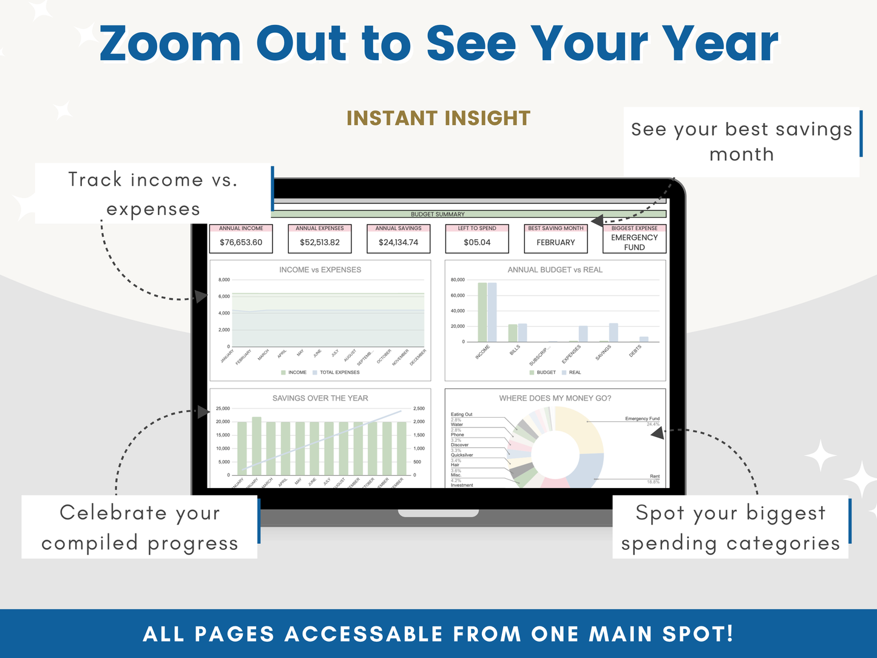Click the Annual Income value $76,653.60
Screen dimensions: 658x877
[x=241, y=242]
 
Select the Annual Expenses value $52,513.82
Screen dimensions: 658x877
[x=319, y=242]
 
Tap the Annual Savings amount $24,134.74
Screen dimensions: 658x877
[x=398, y=242]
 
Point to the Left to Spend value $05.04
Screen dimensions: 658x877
[x=477, y=242]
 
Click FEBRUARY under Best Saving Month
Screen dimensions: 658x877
[x=555, y=242]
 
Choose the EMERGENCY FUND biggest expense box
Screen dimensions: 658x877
[x=634, y=242]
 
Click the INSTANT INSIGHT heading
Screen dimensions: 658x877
[x=438, y=118]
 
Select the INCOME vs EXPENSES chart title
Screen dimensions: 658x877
[x=320, y=270]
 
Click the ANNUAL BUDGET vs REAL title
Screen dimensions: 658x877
[x=555, y=270]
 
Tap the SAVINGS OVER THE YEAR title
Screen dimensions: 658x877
[x=320, y=398]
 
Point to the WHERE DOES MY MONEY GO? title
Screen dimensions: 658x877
[x=555, y=398]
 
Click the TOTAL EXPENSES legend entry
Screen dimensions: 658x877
[x=339, y=372]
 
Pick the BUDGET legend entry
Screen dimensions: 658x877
[x=546, y=372]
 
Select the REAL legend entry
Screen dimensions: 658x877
[x=574, y=372]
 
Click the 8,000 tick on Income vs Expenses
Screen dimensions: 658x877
[x=224, y=280]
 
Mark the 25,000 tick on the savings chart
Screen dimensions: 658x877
[x=223, y=409]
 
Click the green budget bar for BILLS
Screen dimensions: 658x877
[x=512, y=333]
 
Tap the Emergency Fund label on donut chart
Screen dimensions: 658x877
[x=642, y=419]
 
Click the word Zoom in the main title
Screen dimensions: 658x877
[x=170, y=44]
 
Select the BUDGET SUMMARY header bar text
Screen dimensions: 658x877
[x=438, y=214]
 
